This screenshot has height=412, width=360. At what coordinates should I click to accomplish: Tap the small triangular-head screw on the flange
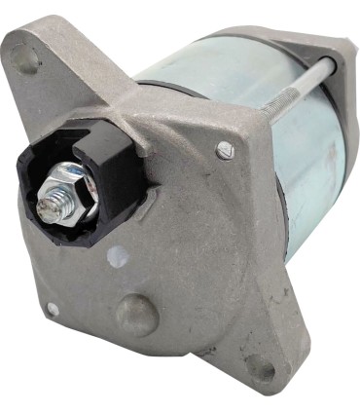tap(225, 150)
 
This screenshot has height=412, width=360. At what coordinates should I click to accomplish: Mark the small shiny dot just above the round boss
tap(120, 257)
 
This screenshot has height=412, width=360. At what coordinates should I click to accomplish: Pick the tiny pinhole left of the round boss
tap(53, 309)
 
